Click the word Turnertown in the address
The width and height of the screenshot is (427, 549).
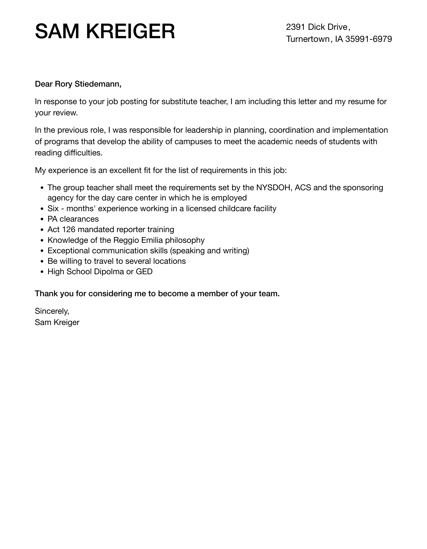coord(307,39)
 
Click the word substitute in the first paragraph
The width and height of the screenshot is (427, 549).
coord(179,102)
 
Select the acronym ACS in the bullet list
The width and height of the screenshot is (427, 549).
coord(303,188)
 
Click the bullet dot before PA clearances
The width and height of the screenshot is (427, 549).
coord(42,220)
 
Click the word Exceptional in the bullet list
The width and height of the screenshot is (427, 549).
coord(69,251)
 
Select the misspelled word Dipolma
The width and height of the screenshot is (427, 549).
coord(109,272)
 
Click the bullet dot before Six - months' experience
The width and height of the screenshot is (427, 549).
coord(42,209)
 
